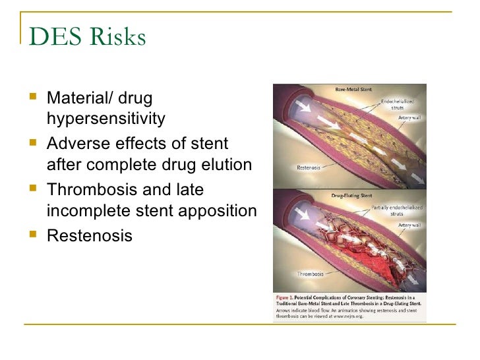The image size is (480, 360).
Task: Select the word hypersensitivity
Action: pos(104,119)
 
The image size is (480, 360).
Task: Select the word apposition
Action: pos(222,210)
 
